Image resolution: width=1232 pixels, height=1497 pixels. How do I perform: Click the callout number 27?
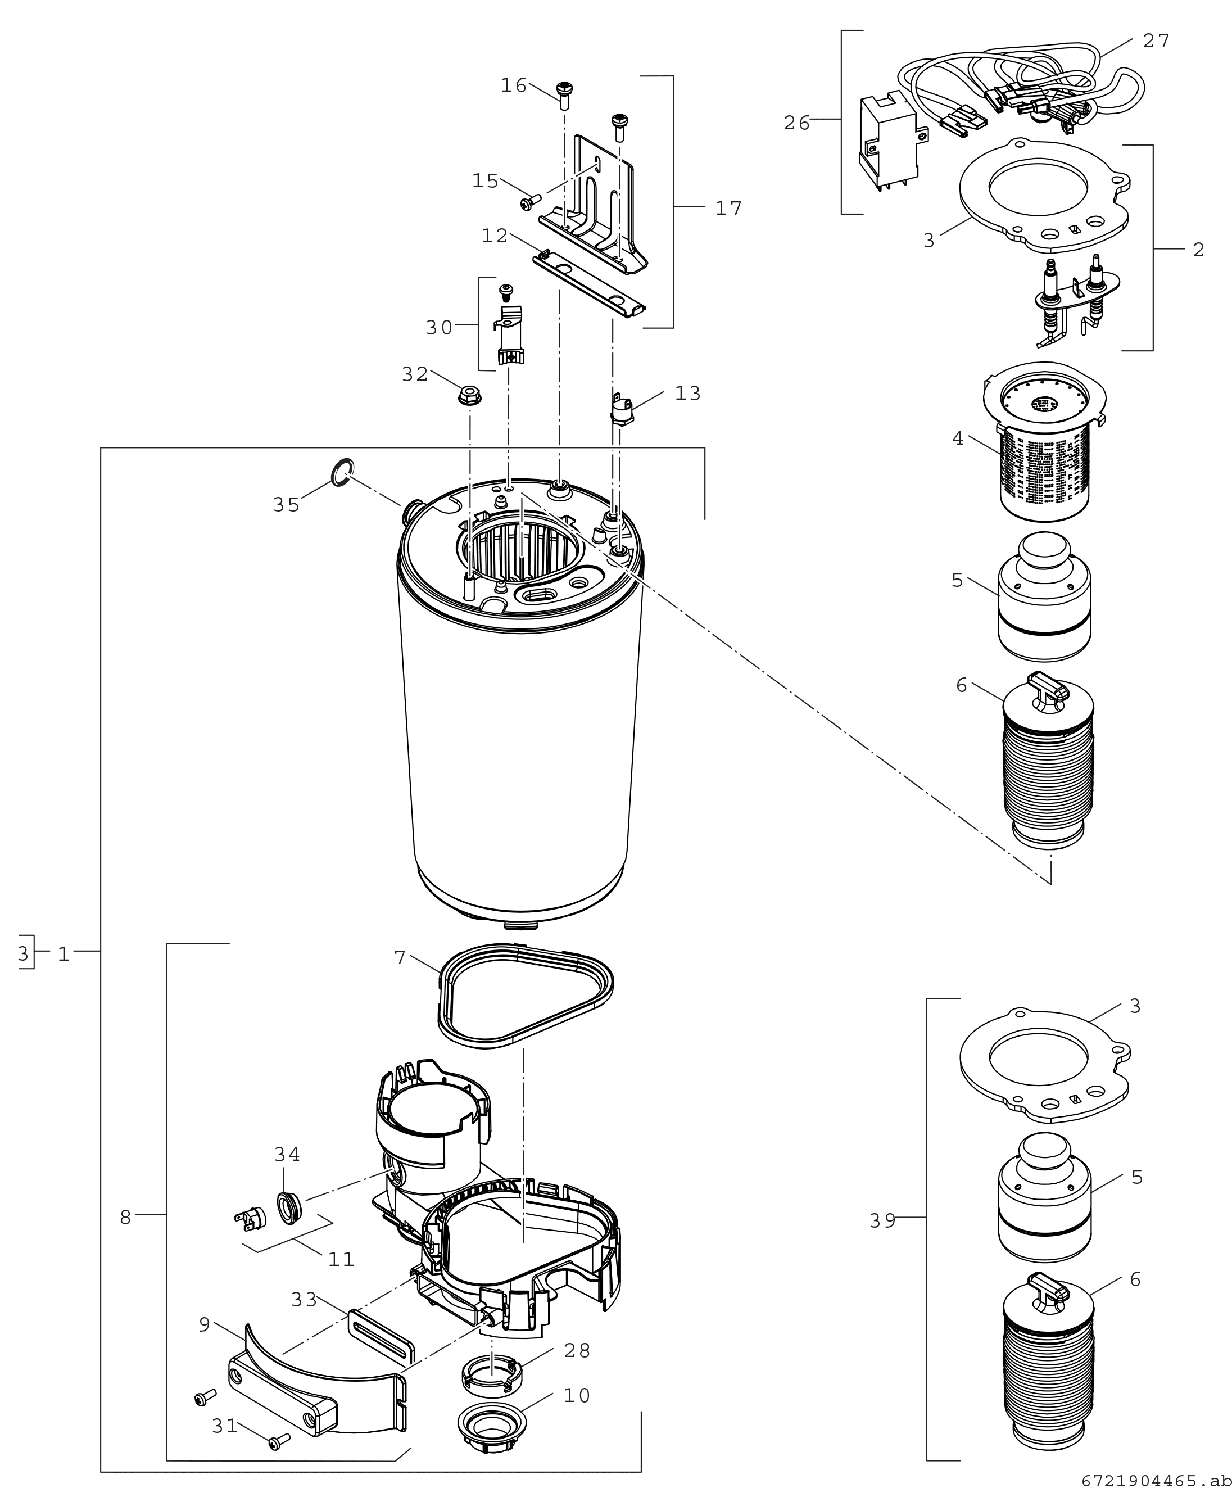point(1156,41)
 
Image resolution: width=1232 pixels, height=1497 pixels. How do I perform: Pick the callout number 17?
point(728,209)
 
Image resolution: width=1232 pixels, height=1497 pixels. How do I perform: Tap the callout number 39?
point(883,1221)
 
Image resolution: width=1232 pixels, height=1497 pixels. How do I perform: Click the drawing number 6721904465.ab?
point(1156,1481)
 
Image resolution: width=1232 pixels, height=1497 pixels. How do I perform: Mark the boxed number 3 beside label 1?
point(24,954)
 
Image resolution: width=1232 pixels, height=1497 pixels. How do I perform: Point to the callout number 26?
point(796,124)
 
